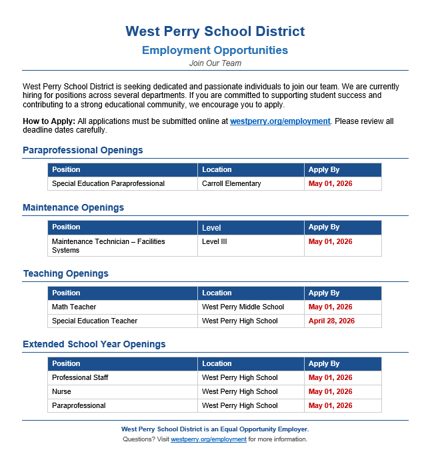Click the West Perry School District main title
[215, 31]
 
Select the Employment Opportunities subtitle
[215, 51]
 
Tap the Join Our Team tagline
[215, 63]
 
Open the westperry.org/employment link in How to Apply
[280, 121]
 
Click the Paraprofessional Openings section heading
[83, 151]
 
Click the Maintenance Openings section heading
[73, 208]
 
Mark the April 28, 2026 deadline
[331, 321]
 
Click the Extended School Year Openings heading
[94, 345]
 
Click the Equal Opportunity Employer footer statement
[215, 429]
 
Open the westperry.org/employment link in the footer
[209, 440]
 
